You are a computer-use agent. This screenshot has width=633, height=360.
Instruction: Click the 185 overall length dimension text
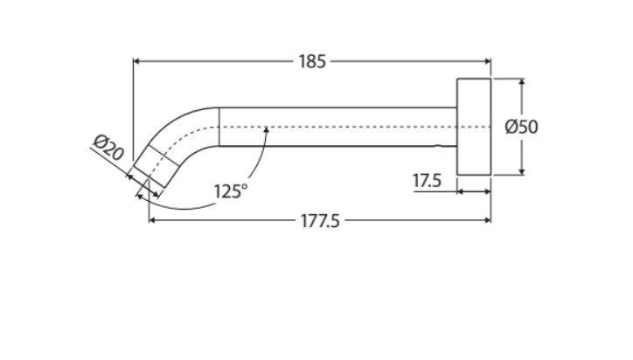tap(312, 61)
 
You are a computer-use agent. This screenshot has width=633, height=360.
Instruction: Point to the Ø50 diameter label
tap(522, 127)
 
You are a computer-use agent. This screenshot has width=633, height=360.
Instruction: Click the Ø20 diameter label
tap(108, 149)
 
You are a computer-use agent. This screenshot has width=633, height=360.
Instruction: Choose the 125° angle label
tap(232, 190)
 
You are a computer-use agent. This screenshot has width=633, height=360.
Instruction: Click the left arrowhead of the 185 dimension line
tap(136, 61)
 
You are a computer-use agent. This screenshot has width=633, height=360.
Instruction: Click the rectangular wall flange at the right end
tap(473, 127)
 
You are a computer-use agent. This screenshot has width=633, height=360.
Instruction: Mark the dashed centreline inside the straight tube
tap(350, 128)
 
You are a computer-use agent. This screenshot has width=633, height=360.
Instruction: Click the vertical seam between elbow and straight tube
tap(218, 127)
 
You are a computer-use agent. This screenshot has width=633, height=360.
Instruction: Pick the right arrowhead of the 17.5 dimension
tap(486, 190)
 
